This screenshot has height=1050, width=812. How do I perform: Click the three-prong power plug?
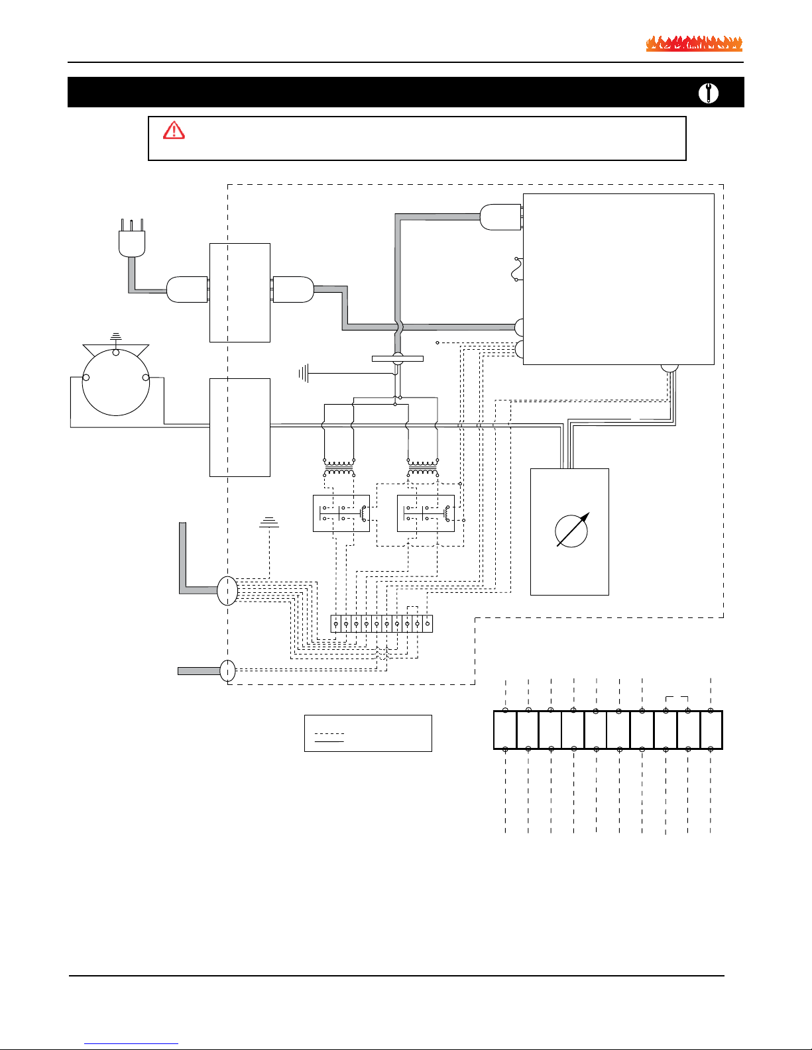click(131, 240)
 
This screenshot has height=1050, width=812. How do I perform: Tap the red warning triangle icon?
click(174, 130)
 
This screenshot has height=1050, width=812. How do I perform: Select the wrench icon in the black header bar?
click(708, 93)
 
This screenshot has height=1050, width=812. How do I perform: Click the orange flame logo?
click(694, 44)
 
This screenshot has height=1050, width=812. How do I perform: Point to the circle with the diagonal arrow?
click(571, 530)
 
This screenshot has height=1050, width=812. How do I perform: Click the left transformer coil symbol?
click(339, 468)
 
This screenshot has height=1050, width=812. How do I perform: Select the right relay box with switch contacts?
click(426, 513)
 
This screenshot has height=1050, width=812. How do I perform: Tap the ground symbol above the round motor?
click(116, 337)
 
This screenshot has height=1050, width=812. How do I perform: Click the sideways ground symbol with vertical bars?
click(304, 374)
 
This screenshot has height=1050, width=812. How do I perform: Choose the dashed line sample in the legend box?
click(329, 734)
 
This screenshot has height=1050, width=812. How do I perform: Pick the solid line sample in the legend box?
click(329, 742)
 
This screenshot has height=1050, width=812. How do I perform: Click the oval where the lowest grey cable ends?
click(227, 670)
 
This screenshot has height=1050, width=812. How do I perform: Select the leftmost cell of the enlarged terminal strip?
click(505, 730)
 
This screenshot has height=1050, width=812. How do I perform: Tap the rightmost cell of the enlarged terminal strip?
click(711, 730)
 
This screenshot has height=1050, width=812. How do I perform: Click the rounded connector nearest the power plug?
click(186, 289)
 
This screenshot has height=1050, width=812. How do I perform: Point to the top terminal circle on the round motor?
click(116, 352)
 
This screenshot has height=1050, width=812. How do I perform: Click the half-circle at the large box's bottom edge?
click(669, 368)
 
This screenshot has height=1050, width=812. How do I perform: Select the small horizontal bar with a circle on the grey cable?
click(398, 359)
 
